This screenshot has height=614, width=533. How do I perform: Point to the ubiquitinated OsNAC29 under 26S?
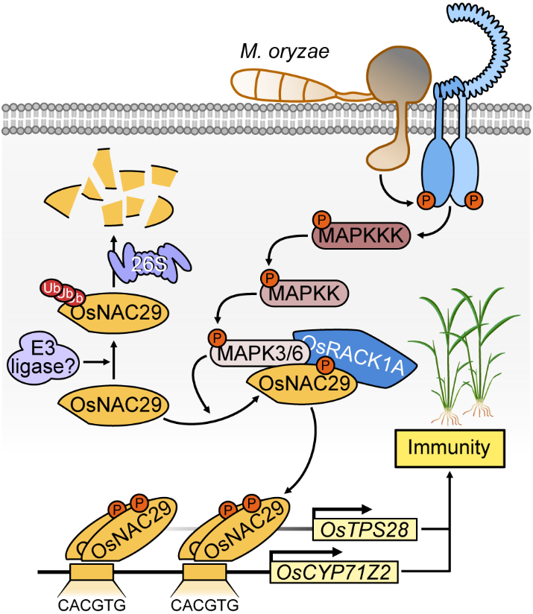112,313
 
